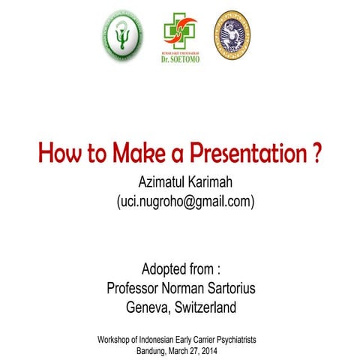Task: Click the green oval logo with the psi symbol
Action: pyautogui.click(x=121, y=35)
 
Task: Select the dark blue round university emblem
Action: pyautogui.click(x=233, y=35)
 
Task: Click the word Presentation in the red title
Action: pyautogui.click(x=241, y=154)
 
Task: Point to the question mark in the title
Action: pyautogui.click(x=317, y=154)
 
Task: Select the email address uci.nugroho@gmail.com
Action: pyautogui.click(x=184, y=202)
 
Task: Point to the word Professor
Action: pyautogui.click(x=136, y=288)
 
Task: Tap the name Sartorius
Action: pyautogui.click(x=227, y=288)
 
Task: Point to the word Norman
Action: pyautogui.click(x=184, y=288)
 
